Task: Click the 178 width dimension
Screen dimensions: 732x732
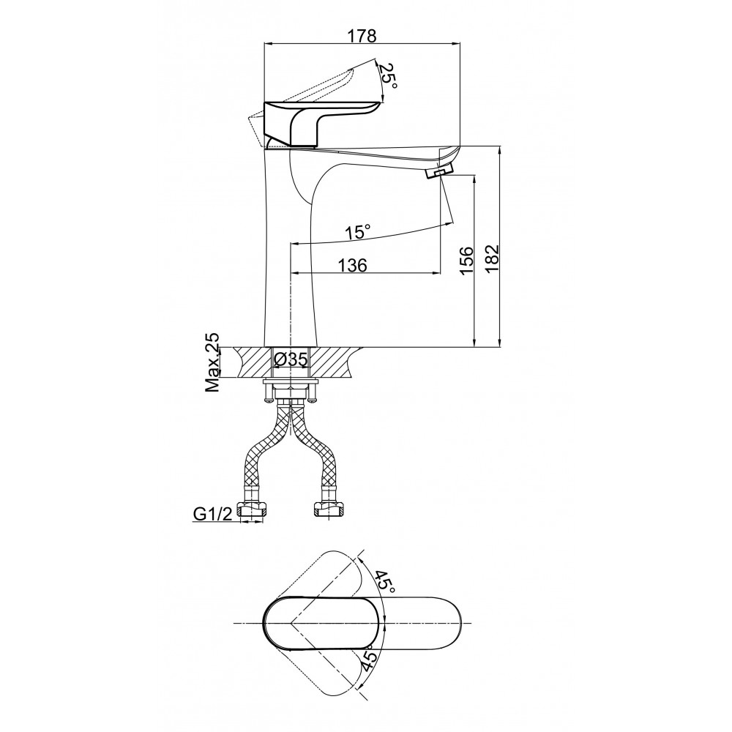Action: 362,35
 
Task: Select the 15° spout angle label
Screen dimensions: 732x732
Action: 358,231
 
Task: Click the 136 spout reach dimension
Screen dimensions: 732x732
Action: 353,265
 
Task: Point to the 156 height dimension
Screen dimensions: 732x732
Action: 466,261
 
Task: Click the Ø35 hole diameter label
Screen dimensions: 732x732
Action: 291,360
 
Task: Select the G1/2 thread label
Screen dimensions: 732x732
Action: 212,514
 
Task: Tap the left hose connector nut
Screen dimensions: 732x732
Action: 252,509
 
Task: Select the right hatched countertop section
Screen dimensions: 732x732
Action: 335,363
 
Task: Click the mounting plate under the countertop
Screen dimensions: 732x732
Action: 291,382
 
